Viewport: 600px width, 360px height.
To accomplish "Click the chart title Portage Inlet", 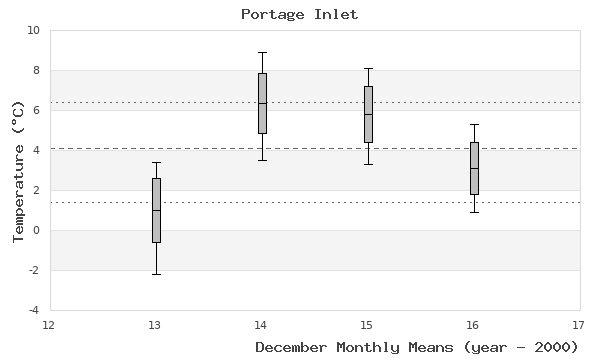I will (299, 14).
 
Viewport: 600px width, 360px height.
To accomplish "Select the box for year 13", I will (156, 210).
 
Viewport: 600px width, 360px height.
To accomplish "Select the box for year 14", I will (262, 103).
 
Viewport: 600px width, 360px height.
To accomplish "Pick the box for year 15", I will (368, 114).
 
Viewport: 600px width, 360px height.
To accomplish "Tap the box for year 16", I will (474, 168).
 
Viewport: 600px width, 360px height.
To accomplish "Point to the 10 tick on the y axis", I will (33, 31).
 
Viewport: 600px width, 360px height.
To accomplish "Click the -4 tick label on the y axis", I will (33, 310).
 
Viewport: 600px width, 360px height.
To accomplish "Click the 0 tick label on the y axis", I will (36, 231).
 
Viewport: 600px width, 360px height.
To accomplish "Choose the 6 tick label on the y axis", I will (36, 111).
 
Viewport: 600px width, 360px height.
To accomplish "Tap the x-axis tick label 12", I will (49, 324).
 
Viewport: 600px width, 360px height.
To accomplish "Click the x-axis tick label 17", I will (579, 324).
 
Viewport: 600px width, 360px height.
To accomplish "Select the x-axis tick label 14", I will (261, 324).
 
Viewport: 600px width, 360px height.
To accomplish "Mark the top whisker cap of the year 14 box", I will (262, 52).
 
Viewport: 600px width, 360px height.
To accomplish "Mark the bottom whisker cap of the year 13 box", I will (156, 274).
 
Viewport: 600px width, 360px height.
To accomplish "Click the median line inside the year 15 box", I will (368, 115).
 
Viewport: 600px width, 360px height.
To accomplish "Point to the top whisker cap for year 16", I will (474, 124).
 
